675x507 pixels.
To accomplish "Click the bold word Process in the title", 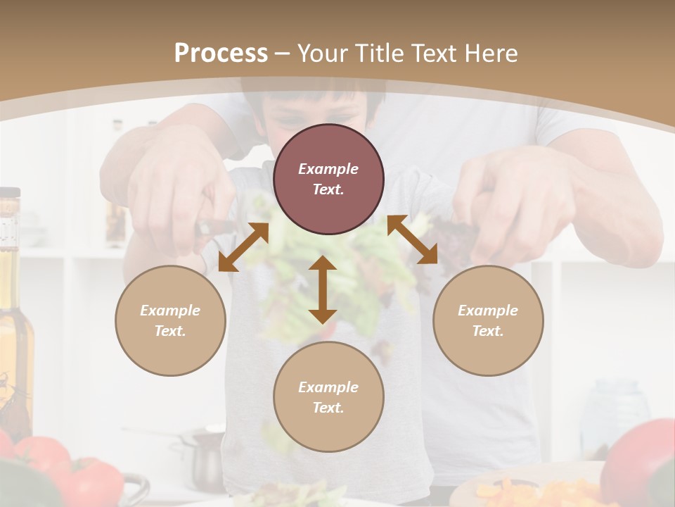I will pyautogui.click(x=221, y=54).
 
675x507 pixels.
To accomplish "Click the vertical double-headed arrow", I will pyautogui.click(x=323, y=289).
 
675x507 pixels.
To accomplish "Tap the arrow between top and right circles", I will pyautogui.click(x=412, y=239).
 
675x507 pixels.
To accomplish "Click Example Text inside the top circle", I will pyautogui.click(x=328, y=179).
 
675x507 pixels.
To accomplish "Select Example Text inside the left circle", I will pyautogui.click(x=170, y=320).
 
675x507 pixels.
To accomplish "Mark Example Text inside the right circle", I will pyautogui.click(x=488, y=320).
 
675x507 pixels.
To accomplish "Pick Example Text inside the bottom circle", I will pyautogui.click(x=328, y=397).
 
